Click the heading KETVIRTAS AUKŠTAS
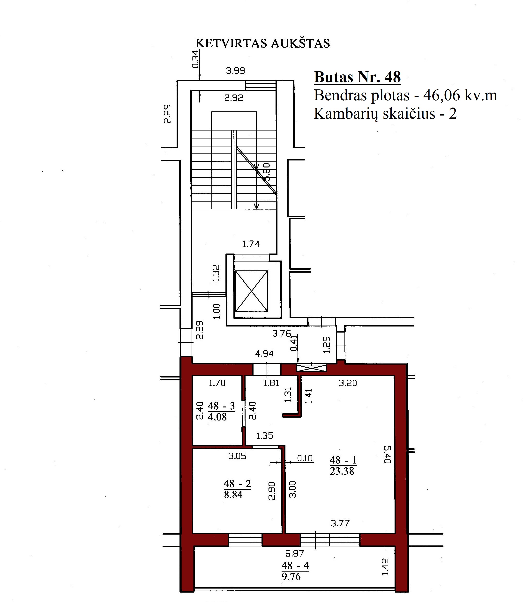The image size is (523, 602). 263,43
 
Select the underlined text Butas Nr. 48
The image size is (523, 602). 358,77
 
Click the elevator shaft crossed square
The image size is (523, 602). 251,291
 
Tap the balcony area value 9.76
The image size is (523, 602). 291,576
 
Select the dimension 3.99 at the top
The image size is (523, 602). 236,71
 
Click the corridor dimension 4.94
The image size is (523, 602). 264,354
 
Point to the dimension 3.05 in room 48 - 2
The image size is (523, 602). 237,456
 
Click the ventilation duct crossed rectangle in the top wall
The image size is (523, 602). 311,368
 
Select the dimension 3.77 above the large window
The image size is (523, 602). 340,523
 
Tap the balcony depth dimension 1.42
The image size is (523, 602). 385,567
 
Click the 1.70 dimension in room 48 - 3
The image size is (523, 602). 217,383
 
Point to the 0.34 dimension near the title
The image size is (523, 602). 195,59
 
